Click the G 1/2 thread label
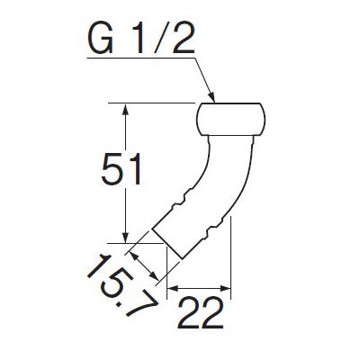coord(141,38)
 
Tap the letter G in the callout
coord(101,38)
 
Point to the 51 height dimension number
coord(121,169)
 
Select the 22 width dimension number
coord(201,312)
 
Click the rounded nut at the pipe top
coord(231,120)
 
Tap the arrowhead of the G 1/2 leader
coord(211,97)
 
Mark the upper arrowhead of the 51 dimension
coord(126,109)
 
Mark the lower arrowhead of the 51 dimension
coord(126,237)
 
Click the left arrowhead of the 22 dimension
coord(173,288)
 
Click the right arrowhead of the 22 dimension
coord(225,288)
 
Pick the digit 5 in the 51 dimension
coord(112,169)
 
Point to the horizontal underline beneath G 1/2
coord(141,58)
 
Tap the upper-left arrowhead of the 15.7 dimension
coord(134,256)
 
